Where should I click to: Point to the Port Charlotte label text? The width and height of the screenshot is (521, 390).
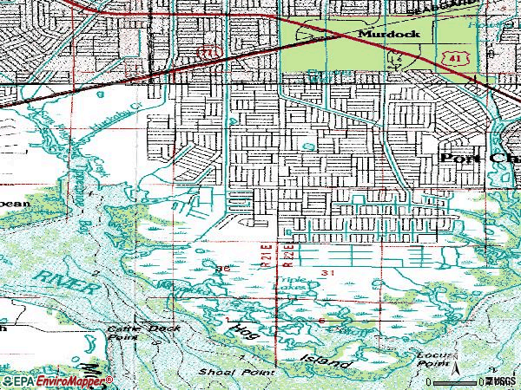[x=479, y=159]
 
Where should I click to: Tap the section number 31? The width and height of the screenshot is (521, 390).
[x=327, y=273]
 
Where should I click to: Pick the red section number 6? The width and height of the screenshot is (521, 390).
[x=320, y=322]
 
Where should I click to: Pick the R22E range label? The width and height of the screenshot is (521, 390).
[x=292, y=253]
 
